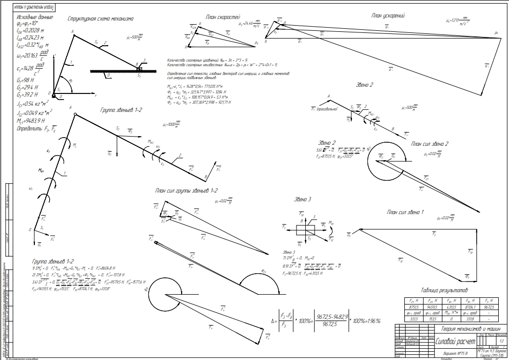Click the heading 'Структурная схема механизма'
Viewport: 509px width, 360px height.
coord(101,18)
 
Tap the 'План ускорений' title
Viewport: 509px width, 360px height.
coord(389,15)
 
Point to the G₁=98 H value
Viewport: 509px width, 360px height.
coord(25,80)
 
